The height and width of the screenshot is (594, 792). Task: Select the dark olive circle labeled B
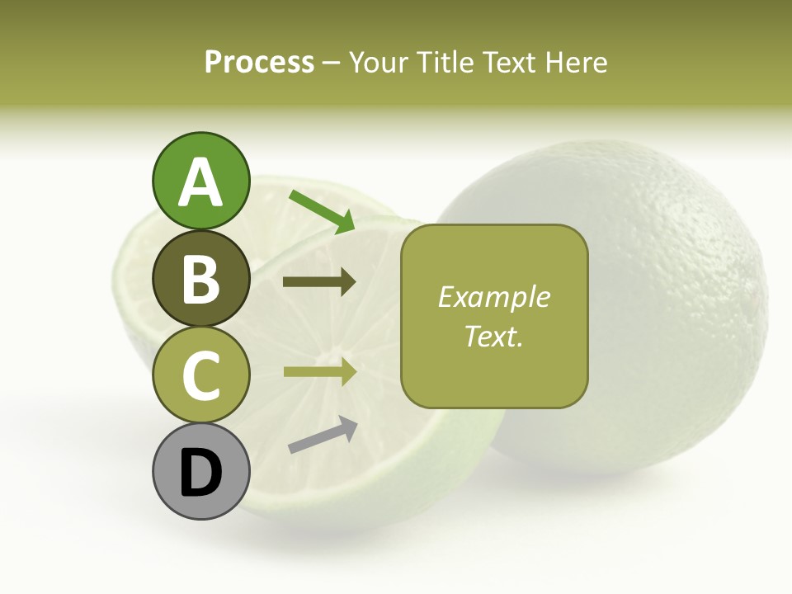pos(200,278)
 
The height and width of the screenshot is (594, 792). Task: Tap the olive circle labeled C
pos(200,375)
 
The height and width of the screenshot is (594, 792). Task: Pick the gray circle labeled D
pos(200,471)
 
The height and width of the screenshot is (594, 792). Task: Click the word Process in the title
pos(259,63)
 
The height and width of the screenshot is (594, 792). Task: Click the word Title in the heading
pos(437,63)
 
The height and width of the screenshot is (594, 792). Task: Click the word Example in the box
pos(493,297)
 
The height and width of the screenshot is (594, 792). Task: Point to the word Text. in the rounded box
pos(493,336)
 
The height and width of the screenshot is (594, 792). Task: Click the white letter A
pos(200,183)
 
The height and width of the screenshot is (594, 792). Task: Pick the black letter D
pos(200,473)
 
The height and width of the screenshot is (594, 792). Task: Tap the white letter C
pos(200,375)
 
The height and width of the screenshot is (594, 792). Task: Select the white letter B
pos(200,279)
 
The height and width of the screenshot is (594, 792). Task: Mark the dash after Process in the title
pos(331,64)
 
